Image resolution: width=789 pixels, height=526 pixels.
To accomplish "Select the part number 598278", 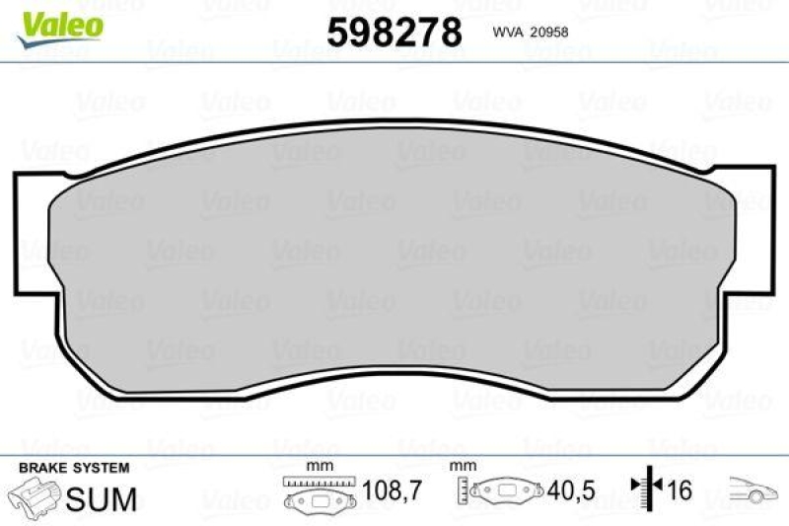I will click(394, 33).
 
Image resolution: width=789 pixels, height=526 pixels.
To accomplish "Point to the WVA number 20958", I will click(548, 32).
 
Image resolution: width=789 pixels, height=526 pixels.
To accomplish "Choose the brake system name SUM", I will click(102, 498).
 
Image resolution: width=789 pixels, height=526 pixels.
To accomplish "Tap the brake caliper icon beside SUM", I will click(33, 497).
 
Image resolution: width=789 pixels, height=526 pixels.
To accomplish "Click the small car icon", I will click(753, 488).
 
